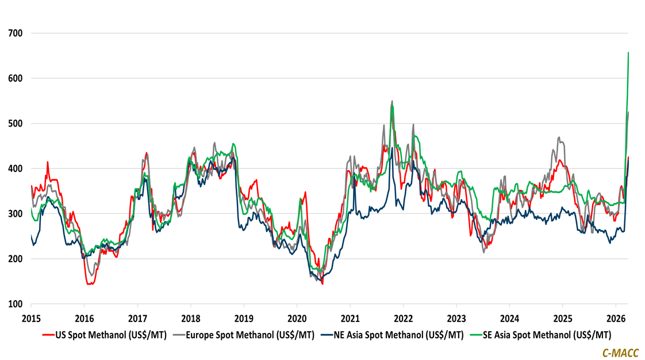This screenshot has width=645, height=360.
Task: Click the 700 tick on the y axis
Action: (x=15, y=33)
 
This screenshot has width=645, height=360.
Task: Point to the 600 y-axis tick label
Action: (x=15, y=78)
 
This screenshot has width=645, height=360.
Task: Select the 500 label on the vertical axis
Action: (x=15, y=124)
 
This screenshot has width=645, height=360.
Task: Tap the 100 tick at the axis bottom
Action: (x=15, y=304)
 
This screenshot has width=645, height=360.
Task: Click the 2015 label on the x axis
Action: (x=31, y=318)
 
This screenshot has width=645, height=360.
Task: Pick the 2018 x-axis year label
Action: (x=190, y=318)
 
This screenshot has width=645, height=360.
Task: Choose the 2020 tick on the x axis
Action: (x=297, y=318)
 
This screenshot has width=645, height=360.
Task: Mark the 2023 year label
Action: (x=456, y=318)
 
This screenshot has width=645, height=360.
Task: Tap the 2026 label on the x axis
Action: (x=616, y=318)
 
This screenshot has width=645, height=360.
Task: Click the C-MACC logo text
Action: (x=620, y=352)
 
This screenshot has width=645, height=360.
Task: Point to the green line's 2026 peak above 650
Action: (x=628, y=53)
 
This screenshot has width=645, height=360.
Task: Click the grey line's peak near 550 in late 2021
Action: (x=392, y=101)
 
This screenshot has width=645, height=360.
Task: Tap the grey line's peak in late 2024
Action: (x=559, y=137)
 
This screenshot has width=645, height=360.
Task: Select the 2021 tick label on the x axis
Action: (x=350, y=318)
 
